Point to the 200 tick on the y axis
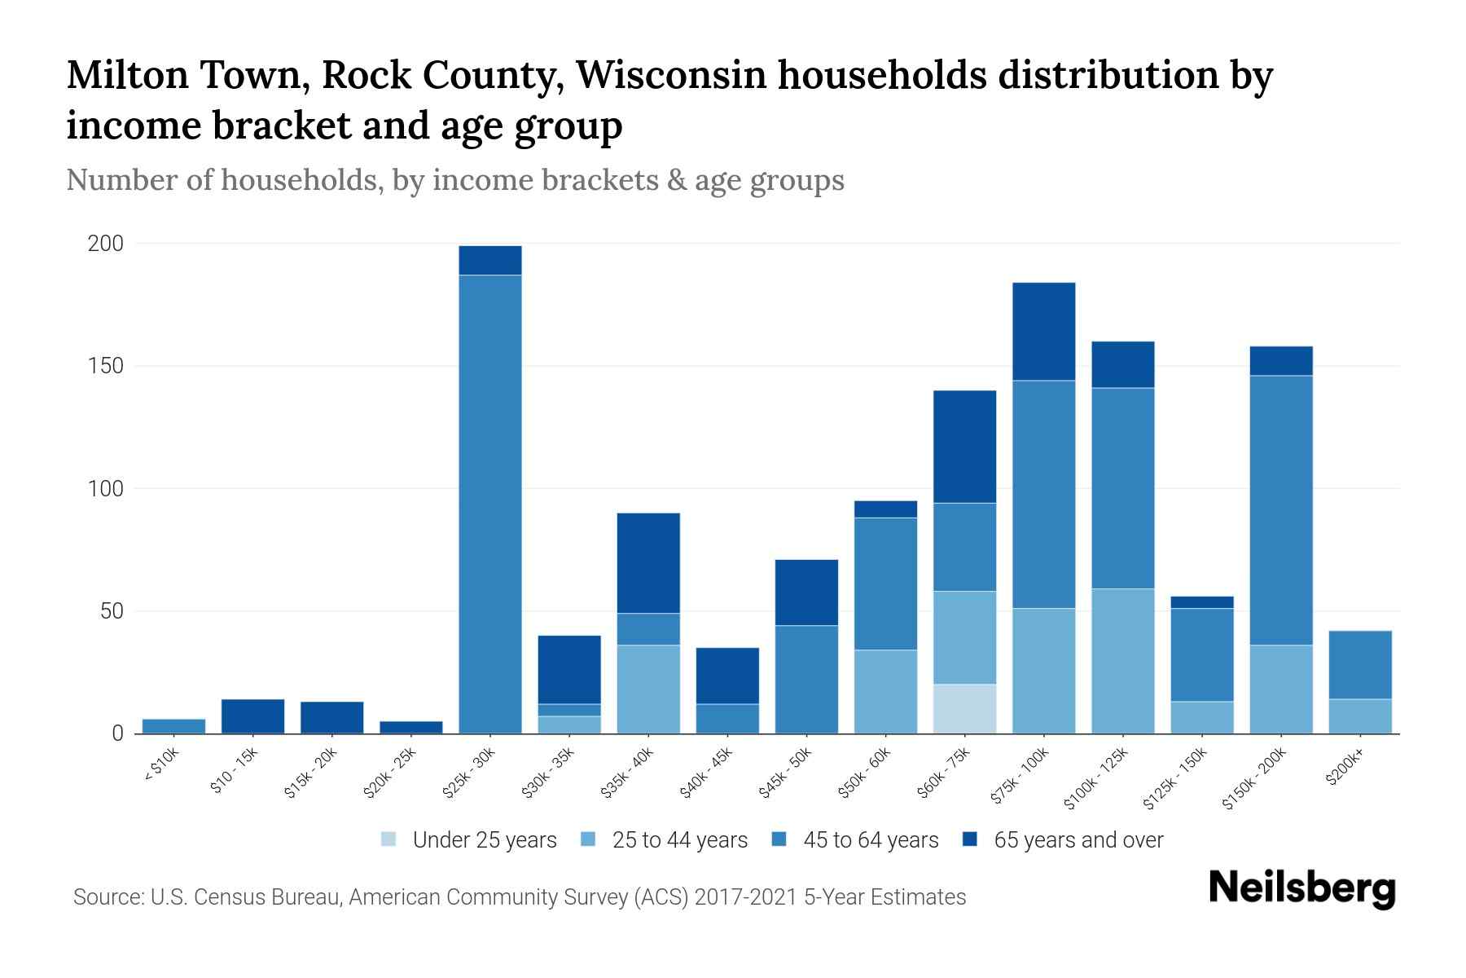105,244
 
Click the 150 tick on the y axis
105,366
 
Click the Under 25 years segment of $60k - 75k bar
964,708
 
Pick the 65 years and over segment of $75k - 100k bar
1043,331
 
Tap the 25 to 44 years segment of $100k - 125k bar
1122,660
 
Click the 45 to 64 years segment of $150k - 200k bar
1281,510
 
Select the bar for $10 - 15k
252,716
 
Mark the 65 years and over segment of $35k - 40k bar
648,562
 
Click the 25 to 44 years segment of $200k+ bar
1360,716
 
